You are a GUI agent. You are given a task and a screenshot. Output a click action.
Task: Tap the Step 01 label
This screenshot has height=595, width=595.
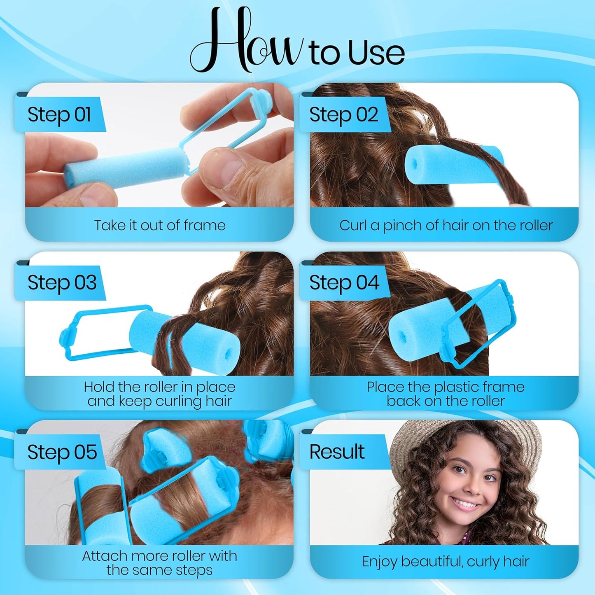pyautogui.click(x=59, y=114)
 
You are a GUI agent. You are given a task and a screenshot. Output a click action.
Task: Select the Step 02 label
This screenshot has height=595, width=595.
pyautogui.click(x=343, y=114)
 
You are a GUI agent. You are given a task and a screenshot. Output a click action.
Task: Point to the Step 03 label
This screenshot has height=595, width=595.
pyautogui.click(x=62, y=283)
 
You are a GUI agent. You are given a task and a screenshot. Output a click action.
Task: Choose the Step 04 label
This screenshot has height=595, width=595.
pyautogui.click(x=344, y=283)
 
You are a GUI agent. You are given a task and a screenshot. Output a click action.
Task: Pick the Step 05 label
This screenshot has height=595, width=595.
pyautogui.click(x=62, y=452)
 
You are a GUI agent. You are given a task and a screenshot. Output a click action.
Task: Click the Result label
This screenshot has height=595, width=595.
pyautogui.click(x=337, y=452)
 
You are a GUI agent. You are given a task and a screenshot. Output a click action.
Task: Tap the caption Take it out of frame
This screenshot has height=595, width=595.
pyautogui.click(x=160, y=225)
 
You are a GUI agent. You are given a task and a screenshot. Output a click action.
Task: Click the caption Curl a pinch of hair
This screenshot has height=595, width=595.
pyautogui.click(x=446, y=225)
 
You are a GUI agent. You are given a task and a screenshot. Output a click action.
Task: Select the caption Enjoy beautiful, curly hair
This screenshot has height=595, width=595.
pyautogui.click(x=446, y=561)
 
